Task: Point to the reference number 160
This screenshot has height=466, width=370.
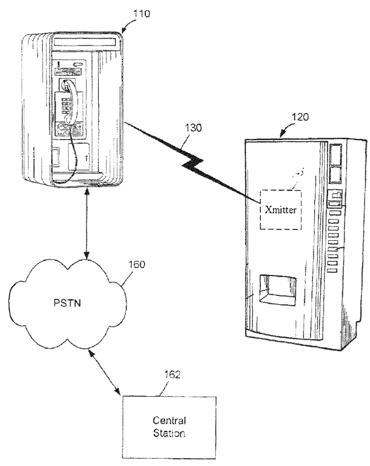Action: point(137,264)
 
